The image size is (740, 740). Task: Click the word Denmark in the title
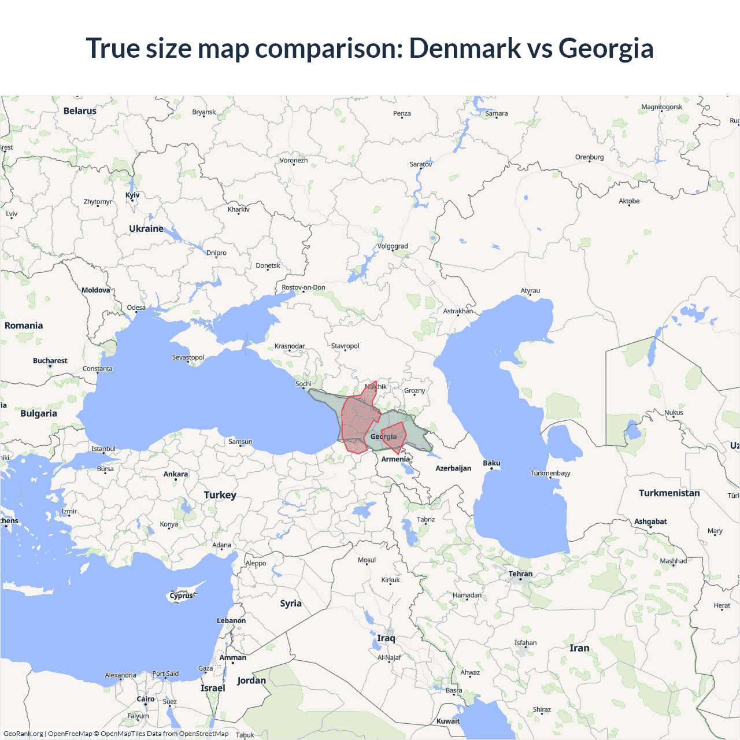[465, 49]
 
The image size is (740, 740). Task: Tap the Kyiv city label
[132, 195]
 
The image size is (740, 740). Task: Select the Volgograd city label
[393, 246]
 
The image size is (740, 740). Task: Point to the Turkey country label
[220, 495]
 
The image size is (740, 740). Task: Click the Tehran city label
[520, 574]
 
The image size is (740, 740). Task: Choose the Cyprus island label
[181, 595]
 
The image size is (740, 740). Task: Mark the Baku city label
[491, 463]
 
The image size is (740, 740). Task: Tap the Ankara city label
[175, 474]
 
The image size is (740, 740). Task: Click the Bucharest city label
[50, 361]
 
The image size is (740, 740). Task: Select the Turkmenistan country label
[669, 493]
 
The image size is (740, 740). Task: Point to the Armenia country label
[395, 459]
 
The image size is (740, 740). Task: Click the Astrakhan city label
[458, 311]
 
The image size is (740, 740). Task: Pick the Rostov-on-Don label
[304, 287]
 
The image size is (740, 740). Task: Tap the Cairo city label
[146, 699]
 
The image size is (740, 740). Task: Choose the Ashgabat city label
[650, 521]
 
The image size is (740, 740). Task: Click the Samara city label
[496, 113]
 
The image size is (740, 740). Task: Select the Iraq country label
[386, 638]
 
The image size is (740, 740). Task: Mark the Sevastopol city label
[188, 357]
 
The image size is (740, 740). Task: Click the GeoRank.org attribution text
[23, 734]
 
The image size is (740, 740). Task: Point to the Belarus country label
[80, 111]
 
